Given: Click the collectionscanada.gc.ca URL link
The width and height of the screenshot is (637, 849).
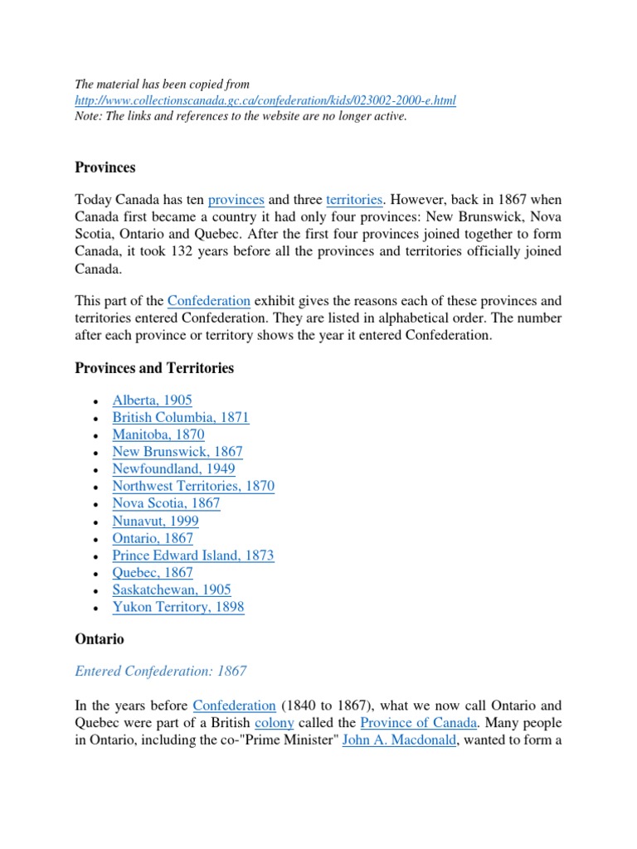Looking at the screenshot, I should (265, 100).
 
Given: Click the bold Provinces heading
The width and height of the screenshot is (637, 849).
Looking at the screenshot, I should (105, 167).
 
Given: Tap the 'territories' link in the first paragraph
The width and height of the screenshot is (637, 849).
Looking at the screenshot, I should (354, 200).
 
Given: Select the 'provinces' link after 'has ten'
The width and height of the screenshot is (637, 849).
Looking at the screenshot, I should (236, 200).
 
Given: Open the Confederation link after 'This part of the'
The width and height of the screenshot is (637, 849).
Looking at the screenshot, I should (209, 301).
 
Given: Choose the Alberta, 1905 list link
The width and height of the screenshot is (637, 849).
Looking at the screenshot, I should (153, 400).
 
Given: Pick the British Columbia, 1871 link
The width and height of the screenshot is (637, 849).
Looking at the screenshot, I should (181, 418).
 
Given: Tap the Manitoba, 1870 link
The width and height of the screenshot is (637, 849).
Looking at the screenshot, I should (158, 434).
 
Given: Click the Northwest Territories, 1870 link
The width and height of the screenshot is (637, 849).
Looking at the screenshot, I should (193, 486).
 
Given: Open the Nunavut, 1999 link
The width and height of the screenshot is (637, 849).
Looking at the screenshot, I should (156, 521).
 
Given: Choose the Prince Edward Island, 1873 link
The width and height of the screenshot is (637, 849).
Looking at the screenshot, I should (193, 555).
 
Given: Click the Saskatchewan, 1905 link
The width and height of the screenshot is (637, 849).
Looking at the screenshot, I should (172, 589).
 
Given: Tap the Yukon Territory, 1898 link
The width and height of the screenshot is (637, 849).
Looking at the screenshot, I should (178, 607).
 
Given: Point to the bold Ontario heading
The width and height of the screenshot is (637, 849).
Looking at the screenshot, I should (100, 639).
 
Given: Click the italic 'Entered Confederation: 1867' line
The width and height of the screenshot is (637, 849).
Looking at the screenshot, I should (161, 672).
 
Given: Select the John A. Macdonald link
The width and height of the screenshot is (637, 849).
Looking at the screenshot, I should (399, 740).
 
